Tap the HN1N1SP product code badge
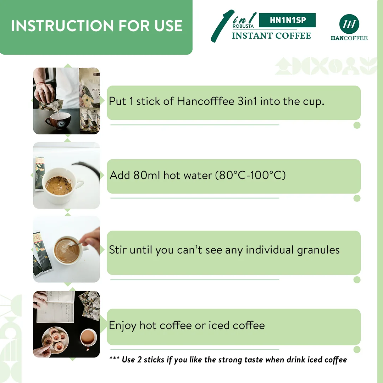pyautogui.click(x=287, y=20)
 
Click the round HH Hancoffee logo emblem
pyautogui.click(x=349, y=24)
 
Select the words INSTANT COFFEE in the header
pyautogui.click(x=271, y=36)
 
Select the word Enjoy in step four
pyautogui.click(x=123, y=325)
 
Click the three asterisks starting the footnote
pyautogui.click(x=114, y=359)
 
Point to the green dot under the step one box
pyautogui.click(x=357, y=125)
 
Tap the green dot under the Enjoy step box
pyautogui.click(x=357, y=350)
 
